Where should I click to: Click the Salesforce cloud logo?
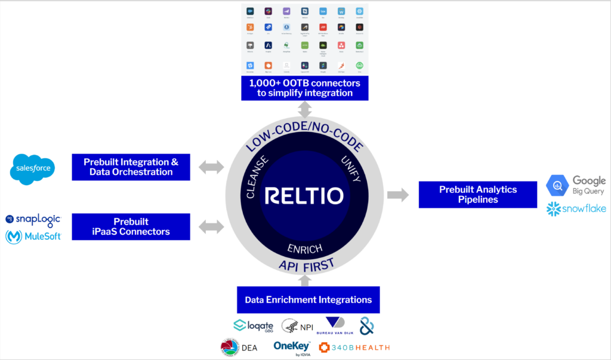33,169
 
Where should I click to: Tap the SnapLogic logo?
33,219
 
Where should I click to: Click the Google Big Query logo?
576,185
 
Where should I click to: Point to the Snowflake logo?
576,208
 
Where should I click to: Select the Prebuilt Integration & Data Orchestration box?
131,167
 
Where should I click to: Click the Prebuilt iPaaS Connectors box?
131,227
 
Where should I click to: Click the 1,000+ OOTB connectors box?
305,88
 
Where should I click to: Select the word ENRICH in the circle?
305,247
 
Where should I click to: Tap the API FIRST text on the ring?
305,265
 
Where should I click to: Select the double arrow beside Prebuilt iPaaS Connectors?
211,227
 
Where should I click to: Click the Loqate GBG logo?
253,325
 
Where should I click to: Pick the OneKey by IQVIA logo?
291,347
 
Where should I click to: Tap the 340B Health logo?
354,347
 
